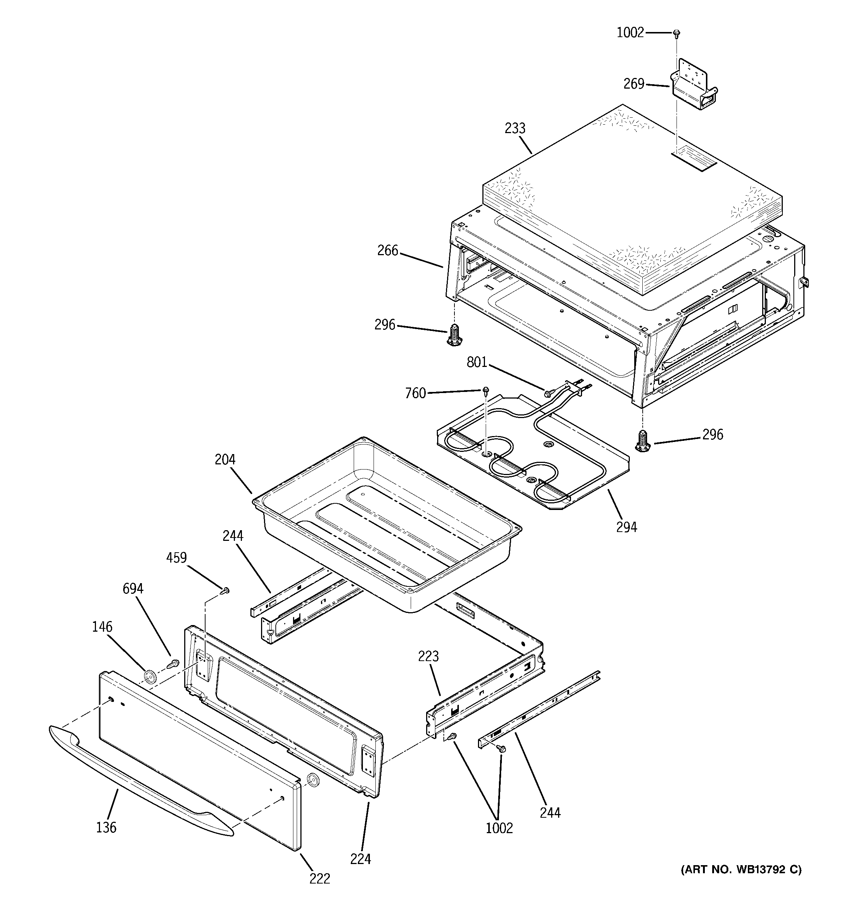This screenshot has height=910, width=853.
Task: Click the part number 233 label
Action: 515,129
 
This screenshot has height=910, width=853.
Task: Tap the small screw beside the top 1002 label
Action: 676,33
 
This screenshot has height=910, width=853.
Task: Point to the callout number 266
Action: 388,250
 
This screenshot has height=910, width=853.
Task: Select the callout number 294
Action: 626,527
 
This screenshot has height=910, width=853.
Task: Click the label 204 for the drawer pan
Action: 225,459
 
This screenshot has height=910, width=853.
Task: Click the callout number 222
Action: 319,878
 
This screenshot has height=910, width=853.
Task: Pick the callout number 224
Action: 360,859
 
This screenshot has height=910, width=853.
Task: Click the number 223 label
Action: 428,656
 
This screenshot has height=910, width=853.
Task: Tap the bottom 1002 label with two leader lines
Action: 499,828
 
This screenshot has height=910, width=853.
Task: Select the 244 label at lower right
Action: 550,813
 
